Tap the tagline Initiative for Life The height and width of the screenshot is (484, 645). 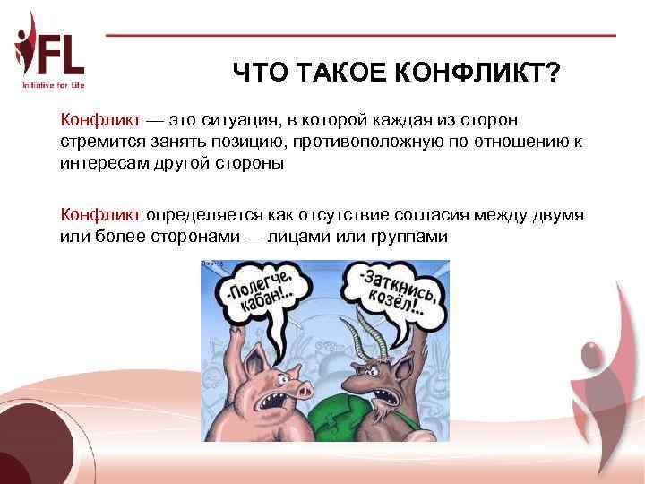pyautogui.click(x=53, y=85)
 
